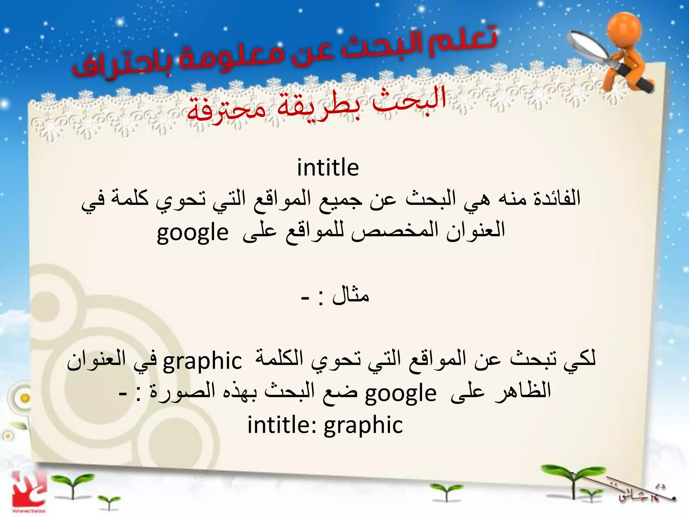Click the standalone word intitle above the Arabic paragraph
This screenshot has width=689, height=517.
point(328,168)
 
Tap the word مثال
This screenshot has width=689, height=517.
point(351,296)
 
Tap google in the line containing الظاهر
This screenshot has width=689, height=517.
point(401,393)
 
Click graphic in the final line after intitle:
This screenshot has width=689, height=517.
point(363,425)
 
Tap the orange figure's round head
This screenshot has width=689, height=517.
point(624,29)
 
